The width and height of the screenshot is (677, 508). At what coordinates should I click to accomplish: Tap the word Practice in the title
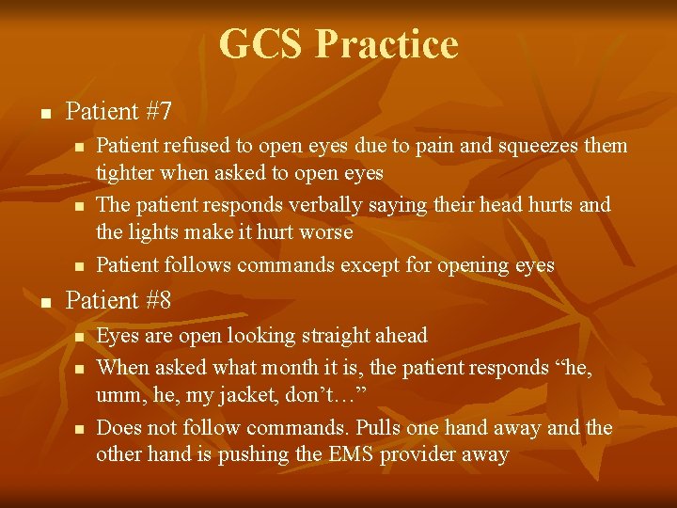coord(386,44)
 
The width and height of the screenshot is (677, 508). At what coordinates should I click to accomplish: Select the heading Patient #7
coord(118,112)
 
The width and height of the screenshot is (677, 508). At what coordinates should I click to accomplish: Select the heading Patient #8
coord(118,300)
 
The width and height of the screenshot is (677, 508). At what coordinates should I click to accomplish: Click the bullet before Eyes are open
coord(80,337)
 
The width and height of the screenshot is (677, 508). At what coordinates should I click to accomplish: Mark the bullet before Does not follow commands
coord(80,429)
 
